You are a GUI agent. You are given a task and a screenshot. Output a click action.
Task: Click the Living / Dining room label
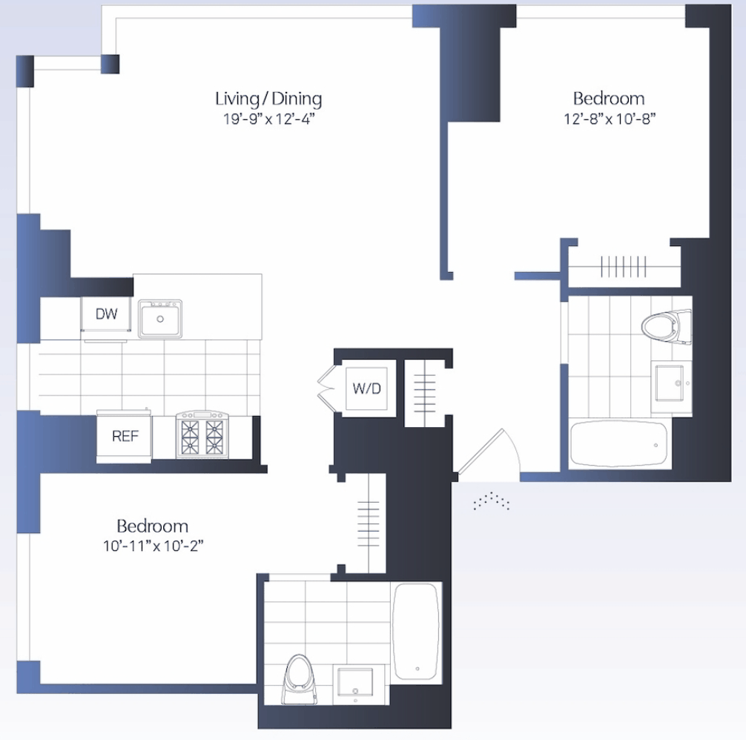pyautogui.click(x=268, y=99)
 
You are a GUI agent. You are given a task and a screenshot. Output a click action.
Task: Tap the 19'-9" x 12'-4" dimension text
pyautogui.click(x=269, y=119)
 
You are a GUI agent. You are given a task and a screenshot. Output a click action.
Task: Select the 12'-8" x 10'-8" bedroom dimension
pyautogui.click(x=610, y=119)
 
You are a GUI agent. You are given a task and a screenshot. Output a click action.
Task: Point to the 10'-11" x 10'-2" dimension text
pyautogui.click(x=154, y=546)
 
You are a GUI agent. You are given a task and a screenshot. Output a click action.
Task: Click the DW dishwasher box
pyautogui.click(x=106, y=314)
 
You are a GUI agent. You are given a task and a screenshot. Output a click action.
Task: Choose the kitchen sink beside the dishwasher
pyautogui.click(x=160, y=319)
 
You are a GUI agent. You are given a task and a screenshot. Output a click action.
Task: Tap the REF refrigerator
pyautogui.click(x=125, y=436)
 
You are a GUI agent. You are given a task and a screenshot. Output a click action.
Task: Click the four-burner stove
pyautogui.click(x=202, y=435)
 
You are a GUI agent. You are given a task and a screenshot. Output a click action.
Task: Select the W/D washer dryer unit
pyautogui.click(x=366, y=388)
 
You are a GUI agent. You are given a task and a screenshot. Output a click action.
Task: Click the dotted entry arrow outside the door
pyautogui.click(x=492, y=501)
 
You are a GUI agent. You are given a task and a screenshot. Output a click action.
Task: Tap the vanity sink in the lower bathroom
pyautogui.click(x=355, y=682)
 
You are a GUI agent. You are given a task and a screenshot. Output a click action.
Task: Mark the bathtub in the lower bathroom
pyautogui.click(x=416, y=631)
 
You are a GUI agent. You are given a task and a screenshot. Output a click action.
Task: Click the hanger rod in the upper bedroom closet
pyautogui.click(x=624, y=266)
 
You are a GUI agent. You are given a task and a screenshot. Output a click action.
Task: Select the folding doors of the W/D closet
pyautogui.click(x=329, y=388)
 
